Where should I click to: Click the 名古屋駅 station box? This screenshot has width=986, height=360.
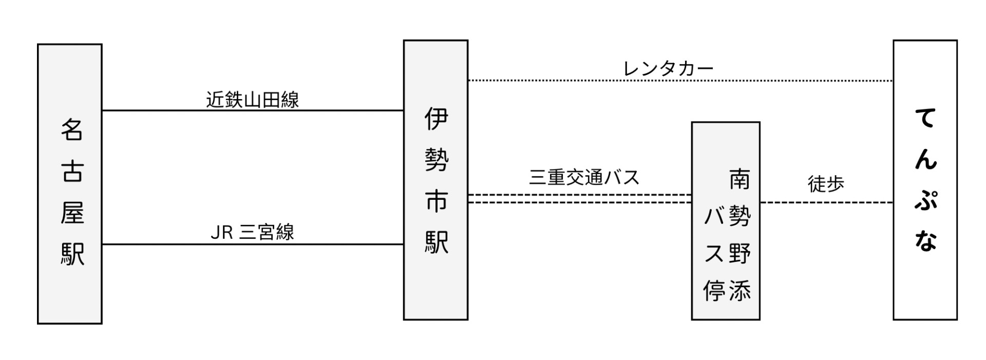(x=70, y=184)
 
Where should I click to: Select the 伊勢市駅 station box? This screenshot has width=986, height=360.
(x=435, y=180)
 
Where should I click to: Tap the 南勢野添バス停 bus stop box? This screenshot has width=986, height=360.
(x=725, y=221)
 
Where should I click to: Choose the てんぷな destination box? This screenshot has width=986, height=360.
(x=925, y=180)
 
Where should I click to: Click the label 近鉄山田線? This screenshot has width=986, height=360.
(x=252, y=99)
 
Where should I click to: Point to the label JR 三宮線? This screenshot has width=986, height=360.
(x=252, y=232)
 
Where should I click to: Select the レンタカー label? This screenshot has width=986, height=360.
(x=668, y=68)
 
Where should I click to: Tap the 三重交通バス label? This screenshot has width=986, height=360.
(x=584, y=177)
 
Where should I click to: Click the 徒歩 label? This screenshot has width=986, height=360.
(x=826, y=184)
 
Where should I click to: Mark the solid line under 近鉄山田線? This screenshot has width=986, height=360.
(x=252, y=110)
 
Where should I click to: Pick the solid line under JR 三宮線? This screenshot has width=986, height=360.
(x=252, y=244)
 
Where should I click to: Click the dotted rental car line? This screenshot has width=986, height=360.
(x=680, y=81)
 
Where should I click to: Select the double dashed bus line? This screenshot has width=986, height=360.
(x=579, y=199)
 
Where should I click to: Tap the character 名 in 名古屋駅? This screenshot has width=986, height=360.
(x=72, y=129)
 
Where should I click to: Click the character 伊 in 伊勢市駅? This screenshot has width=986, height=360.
(x=436, y=119)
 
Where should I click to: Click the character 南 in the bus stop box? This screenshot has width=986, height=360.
(x=739, y=180)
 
